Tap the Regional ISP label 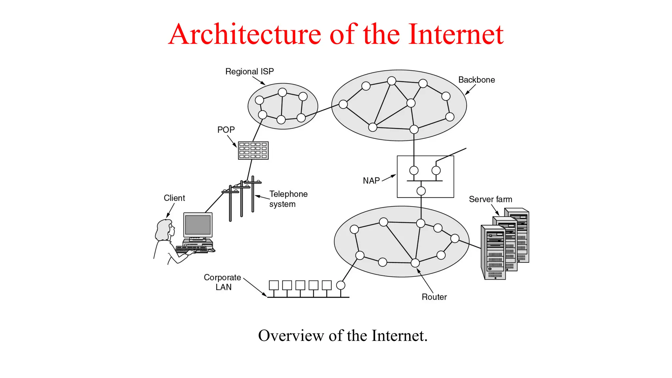click(x=249, y=72)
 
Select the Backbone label click(x=476, y=80)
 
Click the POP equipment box click(x=253, y=150)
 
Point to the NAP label click(x=371, y=181)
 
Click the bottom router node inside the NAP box click(x=421, y=191)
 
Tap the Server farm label click(x=490, y=199)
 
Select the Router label click(x=434, y=297)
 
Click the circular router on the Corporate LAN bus click(x=341, y=285)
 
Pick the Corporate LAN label click(x=222, y=282)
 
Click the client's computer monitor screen click(x=198, y=225)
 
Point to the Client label click(x=174, y=198)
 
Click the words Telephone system click(x=288, y=199)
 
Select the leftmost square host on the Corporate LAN click(x=274, y=285)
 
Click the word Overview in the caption click(x=291, y=336)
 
